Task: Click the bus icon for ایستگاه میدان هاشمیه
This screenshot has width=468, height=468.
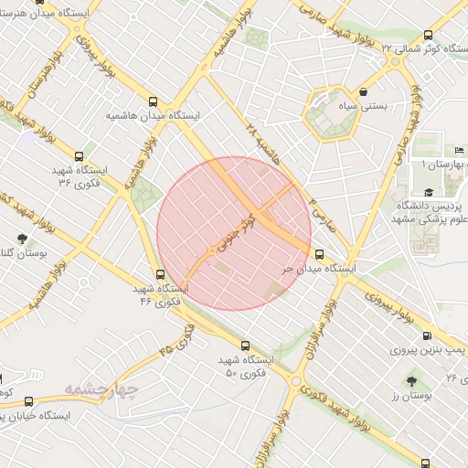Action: click(154, 102)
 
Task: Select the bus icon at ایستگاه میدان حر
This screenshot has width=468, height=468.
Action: click(319, 255)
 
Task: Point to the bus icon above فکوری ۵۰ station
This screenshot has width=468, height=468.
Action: click(245, 346)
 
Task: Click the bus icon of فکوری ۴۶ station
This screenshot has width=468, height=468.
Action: click(161, 273)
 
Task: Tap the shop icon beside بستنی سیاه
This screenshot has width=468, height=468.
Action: click(365, 91)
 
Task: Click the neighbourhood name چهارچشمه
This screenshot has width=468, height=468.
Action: click(101, 392)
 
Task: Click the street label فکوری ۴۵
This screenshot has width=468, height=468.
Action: click(176, 338)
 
